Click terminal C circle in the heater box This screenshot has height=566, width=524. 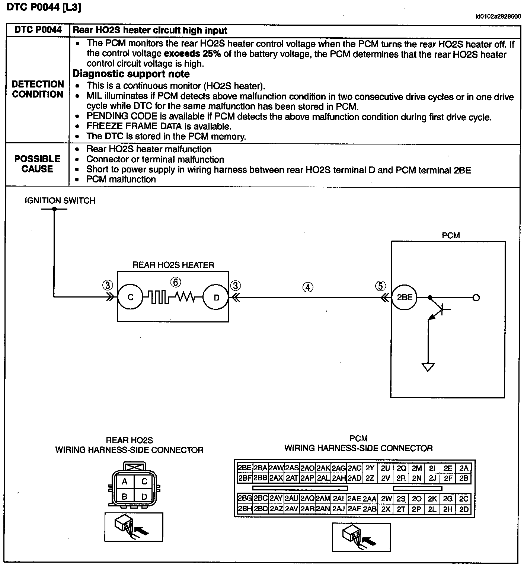coord(130,298)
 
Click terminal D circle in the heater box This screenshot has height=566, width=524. coord(217,298)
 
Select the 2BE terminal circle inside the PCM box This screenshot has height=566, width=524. coord(405,298)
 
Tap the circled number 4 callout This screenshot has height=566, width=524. coord(308,287)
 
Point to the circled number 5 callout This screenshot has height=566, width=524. coord(380,286)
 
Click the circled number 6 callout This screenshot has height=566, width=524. coord(176,283)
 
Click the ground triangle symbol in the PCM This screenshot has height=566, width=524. coord(428,367)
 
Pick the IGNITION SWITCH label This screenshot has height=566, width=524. coord(60,201)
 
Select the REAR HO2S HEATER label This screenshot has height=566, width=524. coord(173,265)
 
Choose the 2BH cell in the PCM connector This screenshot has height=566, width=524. coord(245,509)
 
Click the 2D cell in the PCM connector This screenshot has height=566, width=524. coord(464,509)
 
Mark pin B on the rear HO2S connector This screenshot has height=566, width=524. coord(125,496)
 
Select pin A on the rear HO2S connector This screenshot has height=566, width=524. coord(125,481)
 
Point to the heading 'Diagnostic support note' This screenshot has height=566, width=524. coord(131,74)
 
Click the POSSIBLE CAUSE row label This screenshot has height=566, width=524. coord(37,164)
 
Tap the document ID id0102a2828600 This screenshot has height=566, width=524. coord(498,17)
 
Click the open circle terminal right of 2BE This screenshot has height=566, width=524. coord(476,298)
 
